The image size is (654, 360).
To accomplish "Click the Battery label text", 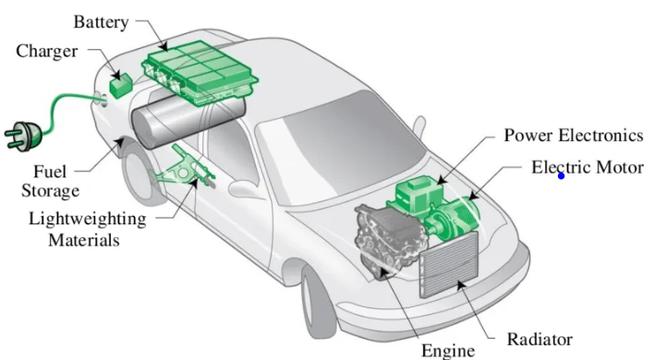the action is [101, 22].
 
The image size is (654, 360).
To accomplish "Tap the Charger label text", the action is [47, 52].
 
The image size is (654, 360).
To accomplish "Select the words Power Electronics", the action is [574, 136].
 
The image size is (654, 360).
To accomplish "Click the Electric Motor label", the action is [587, 167].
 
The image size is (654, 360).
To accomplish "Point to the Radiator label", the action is [539, 340].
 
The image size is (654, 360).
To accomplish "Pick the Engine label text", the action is [448, 351].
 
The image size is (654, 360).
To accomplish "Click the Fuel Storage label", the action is [51, 181].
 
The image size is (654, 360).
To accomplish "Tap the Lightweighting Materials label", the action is [87, 229].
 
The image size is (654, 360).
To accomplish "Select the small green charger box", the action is [121, 86].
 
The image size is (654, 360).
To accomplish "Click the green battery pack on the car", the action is [200, 72].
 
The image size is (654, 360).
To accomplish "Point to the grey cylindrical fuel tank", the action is [188, 120].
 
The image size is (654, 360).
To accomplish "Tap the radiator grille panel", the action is [449, 265].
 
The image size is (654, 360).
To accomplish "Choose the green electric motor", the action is [454, 219].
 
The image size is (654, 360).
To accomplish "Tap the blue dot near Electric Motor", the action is [561, 176].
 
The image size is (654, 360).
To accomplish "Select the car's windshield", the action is [340, 148].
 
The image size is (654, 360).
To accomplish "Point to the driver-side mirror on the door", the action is [245, 189].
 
